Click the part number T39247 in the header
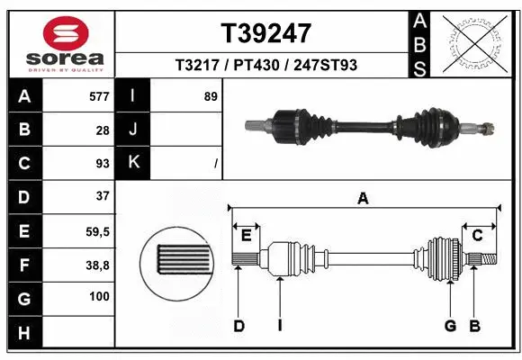tap(266, 33)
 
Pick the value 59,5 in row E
tap(98, 231)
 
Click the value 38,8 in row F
tap(98, 265)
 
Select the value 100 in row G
tap(99, 297)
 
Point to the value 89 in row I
tap(211, 96)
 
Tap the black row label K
tap(133, 163)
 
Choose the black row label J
tap(133, 130)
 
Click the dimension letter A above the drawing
tap(364, 199)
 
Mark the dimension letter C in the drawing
tap(478, 235)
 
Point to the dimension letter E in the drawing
tap(246, 235)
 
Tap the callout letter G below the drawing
tap(450, 325)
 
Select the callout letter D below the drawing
tap(239, 325)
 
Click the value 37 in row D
tap(102, 196)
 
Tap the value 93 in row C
tap(102, 163)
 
